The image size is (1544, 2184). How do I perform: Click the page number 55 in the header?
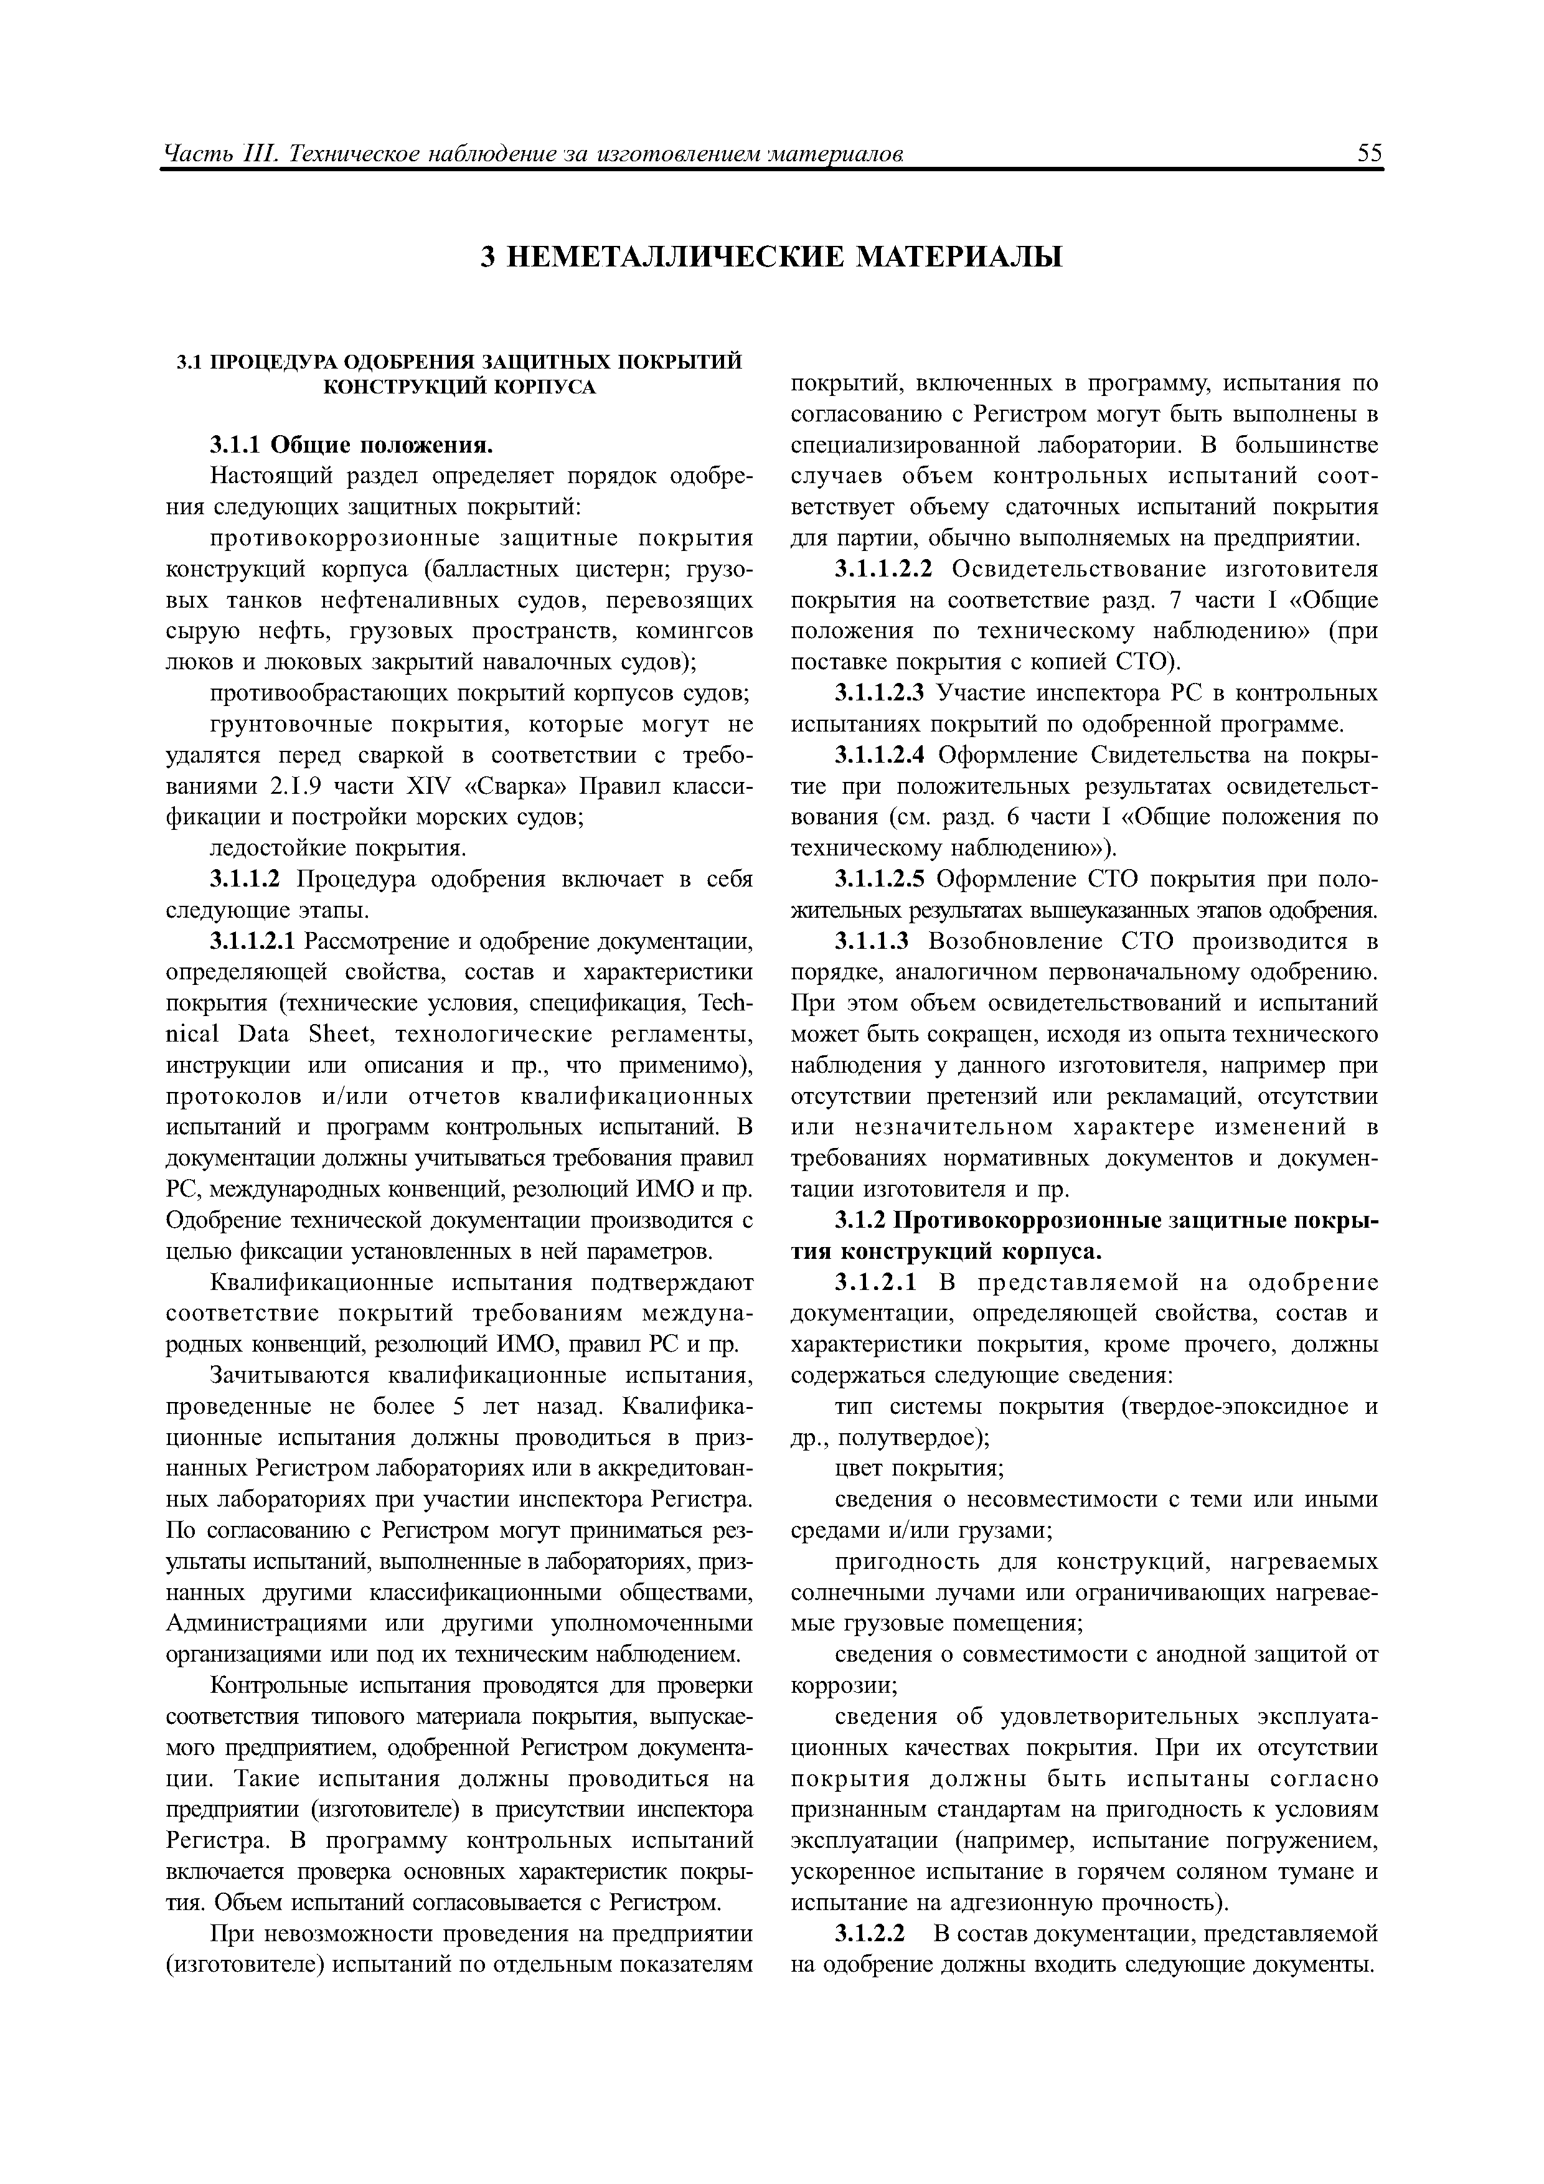tap(1370, 152)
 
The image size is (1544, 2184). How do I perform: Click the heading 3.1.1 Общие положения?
tap(352, 445)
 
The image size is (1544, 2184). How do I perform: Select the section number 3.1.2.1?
tap(875, 1283)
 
